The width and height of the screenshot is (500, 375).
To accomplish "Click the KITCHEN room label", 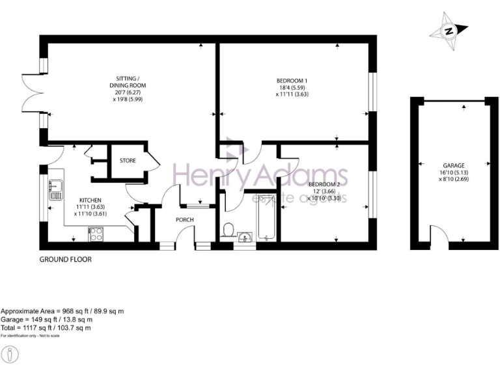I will [x=90, y=200].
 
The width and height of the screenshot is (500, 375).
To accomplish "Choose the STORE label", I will [x=128, y=160].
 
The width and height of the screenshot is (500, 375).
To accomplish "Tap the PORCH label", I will [x=185, y=219].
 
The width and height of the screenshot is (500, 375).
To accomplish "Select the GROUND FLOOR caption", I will [x=66, y=259].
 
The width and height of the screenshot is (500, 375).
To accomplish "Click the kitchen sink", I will [x=55, y=189].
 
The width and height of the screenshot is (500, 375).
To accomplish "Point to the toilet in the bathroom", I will [x=228, y=229].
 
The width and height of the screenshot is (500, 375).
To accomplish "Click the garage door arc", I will [x=439, y=242].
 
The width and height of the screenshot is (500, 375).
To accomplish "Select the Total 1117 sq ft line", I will [x=55, y=327].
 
